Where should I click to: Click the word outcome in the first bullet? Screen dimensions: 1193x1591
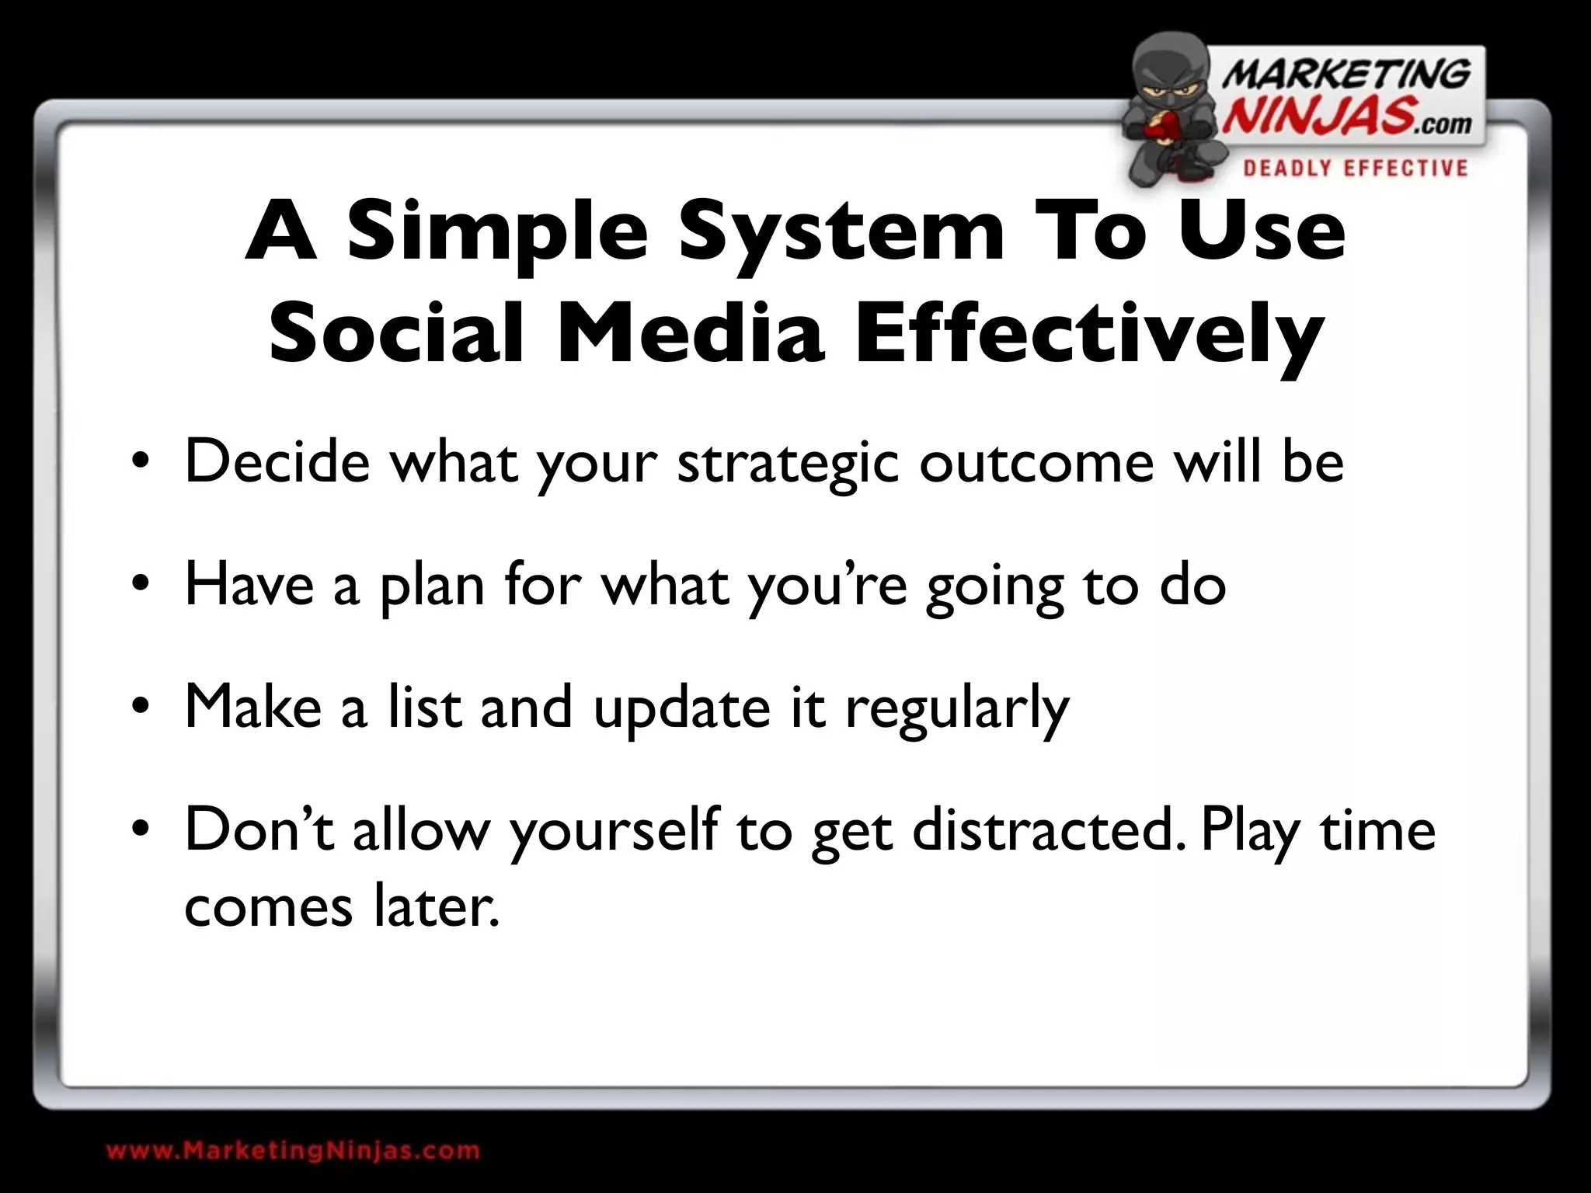[x=1036, y=462]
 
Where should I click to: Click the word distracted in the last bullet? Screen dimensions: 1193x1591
[x=1050, y=829]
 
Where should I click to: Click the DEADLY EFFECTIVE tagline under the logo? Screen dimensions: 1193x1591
[x=1355, y=169]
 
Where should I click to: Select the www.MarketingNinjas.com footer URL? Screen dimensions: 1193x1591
[x=293, y=1150]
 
